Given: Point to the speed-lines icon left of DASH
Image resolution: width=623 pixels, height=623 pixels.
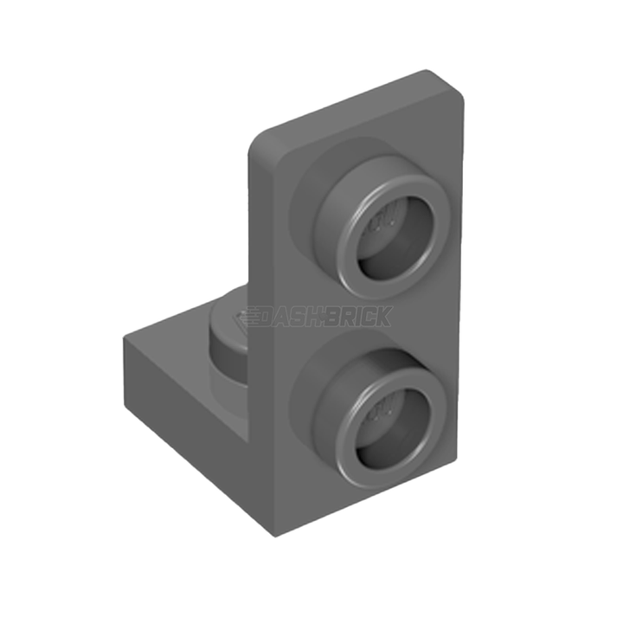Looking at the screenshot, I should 255,316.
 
